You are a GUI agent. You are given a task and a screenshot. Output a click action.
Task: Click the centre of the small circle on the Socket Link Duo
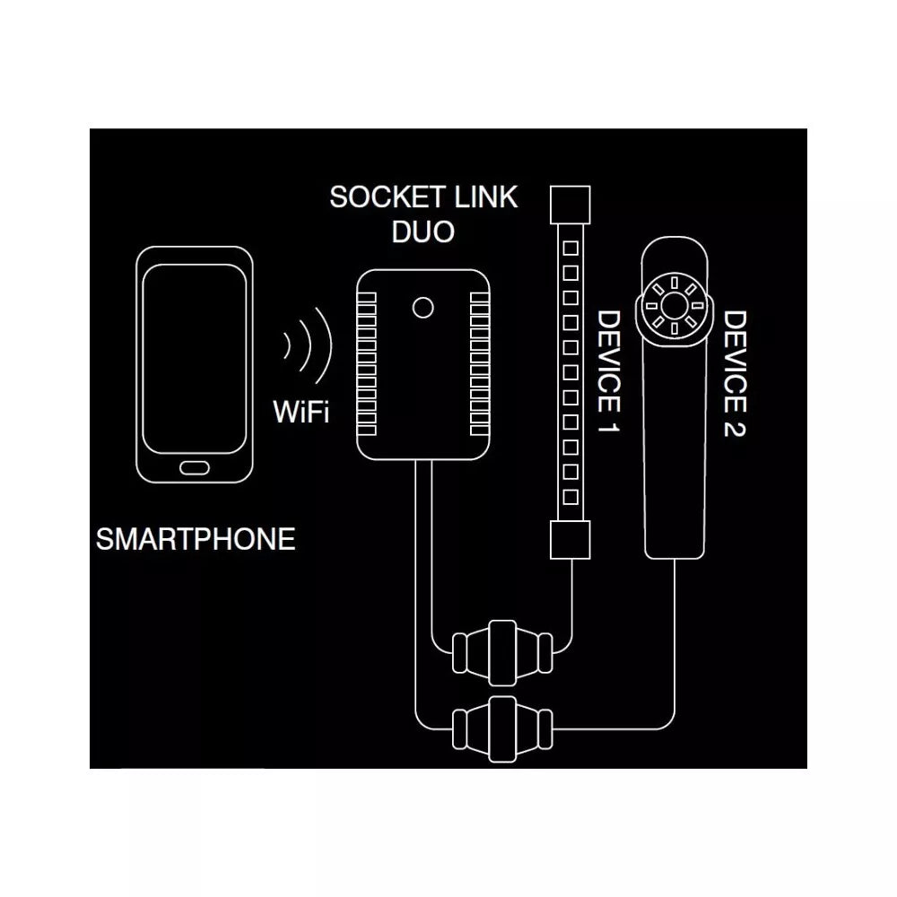[x=422, y=308]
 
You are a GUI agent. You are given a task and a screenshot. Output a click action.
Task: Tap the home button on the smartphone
[x=195, y=468]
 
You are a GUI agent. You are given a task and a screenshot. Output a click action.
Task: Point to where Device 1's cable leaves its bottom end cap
[x=571, y=559]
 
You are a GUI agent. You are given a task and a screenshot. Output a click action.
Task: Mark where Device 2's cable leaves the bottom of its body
[x=675, y=559]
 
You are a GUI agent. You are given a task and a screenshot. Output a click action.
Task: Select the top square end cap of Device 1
[x=570, y=205]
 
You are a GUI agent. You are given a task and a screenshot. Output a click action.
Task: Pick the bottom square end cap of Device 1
[x=570, y=540]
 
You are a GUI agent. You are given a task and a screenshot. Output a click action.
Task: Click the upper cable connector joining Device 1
[x=503, y=653]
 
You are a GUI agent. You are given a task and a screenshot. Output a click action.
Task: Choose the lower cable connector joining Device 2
[x=503, y=729]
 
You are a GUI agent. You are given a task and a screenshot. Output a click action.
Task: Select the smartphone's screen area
[x=195, y=360]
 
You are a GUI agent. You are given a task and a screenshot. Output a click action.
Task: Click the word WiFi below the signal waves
[x=300, y=412]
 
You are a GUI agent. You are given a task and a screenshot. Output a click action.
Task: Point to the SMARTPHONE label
[x=196, y=539]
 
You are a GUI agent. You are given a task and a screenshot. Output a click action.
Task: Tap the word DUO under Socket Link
[x=423, y=231]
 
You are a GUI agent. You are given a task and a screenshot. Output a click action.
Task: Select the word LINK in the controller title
[x=486, y=197]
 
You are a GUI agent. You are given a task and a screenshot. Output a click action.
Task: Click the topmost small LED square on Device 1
[x=570, y=248]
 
